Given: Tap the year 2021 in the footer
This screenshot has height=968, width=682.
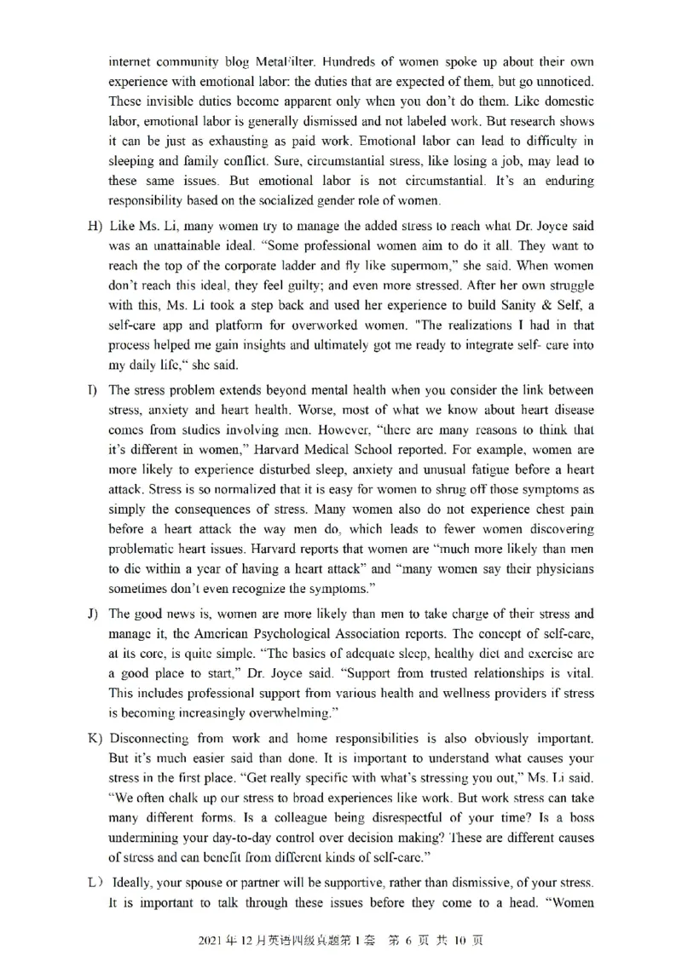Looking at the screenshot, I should point(211,941).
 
